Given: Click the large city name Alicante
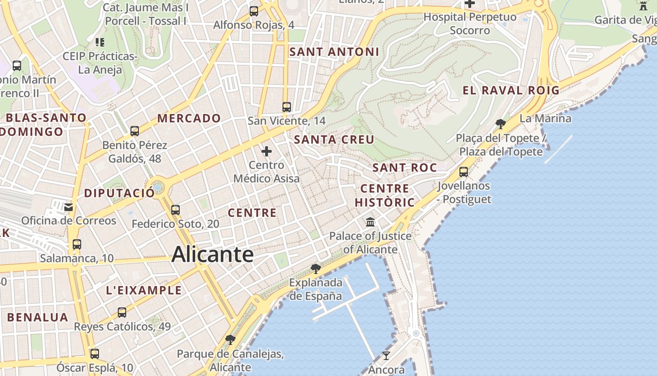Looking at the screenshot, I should [213, 255].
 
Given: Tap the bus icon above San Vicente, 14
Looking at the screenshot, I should [287, 107].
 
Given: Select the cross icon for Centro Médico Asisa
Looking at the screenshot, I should [267, 151].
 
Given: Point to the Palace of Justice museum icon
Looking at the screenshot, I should [370, 222].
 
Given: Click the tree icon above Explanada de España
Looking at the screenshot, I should [316, 269].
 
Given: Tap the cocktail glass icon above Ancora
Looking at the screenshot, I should [386, 355].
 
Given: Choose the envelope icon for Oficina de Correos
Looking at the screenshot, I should [69, 207].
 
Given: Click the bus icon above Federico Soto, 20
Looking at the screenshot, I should [176, 210].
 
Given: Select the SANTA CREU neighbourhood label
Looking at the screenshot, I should [334, 140].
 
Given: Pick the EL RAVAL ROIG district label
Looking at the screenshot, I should [511, 90].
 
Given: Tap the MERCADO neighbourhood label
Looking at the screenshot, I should [189, 118].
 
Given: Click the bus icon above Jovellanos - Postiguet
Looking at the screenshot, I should [464, 172].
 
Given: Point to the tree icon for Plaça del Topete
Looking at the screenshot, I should [501, 124].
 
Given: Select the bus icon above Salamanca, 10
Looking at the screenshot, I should [76, 244].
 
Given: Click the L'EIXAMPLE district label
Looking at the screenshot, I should [144, 290].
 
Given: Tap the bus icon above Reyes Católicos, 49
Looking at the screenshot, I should [122, 312].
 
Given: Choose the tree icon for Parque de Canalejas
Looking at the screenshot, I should [230, 339].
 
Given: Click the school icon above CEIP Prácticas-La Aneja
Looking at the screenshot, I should [99, 42].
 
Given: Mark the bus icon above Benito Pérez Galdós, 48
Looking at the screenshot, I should [135, 131].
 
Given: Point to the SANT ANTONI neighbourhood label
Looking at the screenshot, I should [334, 52].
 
